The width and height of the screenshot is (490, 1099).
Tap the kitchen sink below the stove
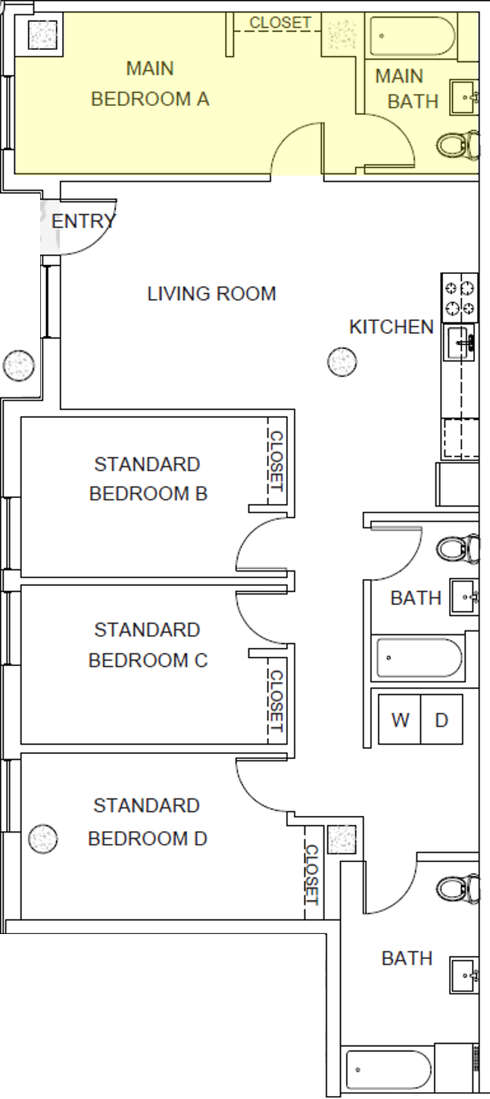460,343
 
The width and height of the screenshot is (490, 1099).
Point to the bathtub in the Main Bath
413,36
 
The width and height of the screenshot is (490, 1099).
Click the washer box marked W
400,719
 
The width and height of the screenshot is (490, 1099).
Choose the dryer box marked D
442,719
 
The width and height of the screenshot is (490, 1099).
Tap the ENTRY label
83,222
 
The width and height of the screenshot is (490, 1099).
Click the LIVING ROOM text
211,294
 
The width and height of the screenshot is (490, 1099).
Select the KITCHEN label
391,327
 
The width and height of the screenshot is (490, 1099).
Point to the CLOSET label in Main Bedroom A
280,23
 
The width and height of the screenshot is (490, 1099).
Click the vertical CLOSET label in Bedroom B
276,461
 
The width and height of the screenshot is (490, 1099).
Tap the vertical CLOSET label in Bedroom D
311,875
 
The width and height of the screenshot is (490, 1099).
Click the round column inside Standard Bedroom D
42,839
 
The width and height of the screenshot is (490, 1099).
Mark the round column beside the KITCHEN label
342,362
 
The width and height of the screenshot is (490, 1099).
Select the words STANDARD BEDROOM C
148,645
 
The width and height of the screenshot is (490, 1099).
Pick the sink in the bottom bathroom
463,975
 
